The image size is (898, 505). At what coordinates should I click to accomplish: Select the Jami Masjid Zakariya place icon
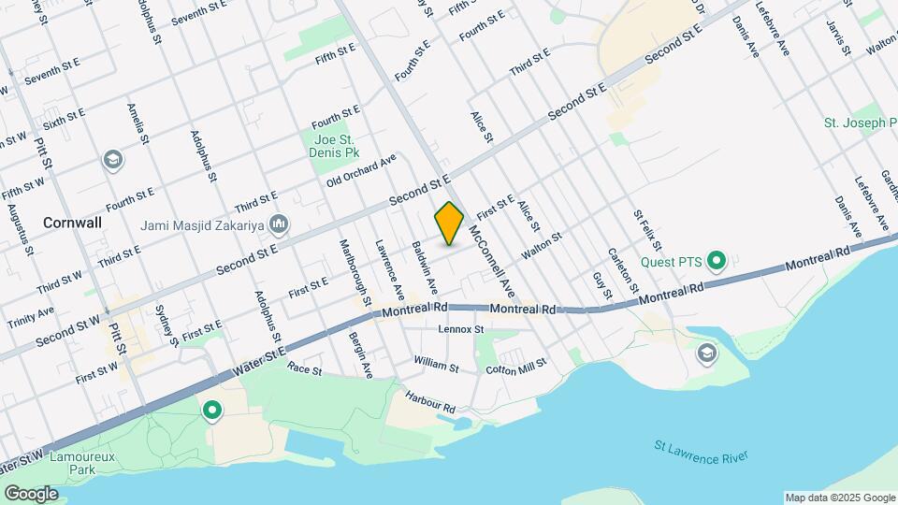click(x=279, y=224)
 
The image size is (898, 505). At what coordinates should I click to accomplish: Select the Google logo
click(x=31, y=493)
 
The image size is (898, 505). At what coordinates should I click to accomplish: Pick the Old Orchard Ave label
click(x=362, y=171)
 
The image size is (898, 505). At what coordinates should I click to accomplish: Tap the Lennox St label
click(x=460, y=329)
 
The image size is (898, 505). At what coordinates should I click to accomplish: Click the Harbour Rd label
click(x=429, y=402)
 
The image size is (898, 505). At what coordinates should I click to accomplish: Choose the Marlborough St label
click(x=355, y=270)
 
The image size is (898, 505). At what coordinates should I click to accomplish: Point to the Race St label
click(x=304, y=370)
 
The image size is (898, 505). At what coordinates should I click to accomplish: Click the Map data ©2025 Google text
click(x=839, y=498)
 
